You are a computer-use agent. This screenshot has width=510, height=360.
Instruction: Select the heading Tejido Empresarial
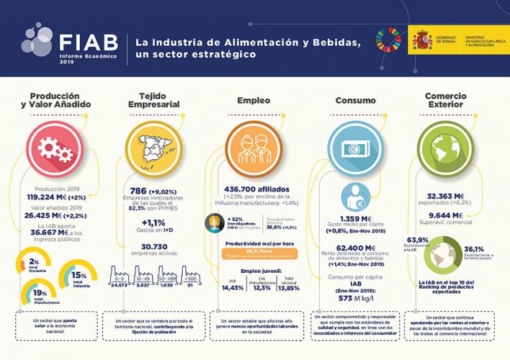pyautogui.click(x=153, y=102)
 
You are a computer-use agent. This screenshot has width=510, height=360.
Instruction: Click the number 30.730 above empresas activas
pyautogui.click(x=153, y=246)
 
